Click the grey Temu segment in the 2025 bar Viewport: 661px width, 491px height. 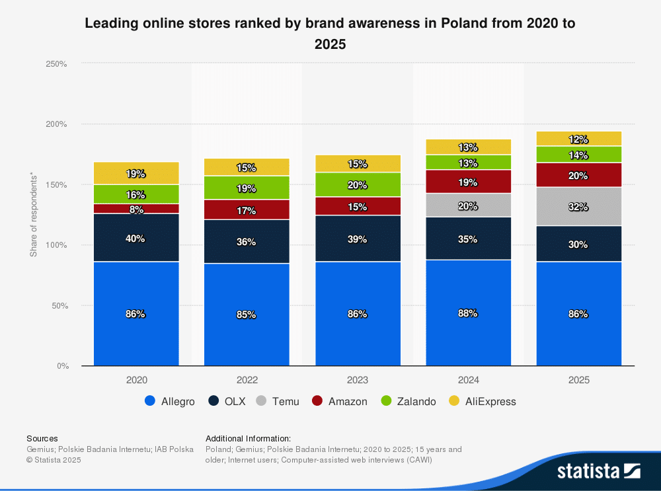tap(578, 207)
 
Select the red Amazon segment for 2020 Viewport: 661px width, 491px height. tap(136, 209)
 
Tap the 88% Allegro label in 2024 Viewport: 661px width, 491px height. tap(468, 313)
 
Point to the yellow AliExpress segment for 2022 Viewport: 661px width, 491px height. tap(247, 167)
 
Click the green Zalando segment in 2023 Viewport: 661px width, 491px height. tap(358, 185)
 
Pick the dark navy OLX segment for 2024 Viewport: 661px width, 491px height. tap(468, 239)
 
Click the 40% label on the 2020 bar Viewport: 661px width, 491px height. tap(136, 238)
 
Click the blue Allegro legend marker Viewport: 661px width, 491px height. tap(149, 401)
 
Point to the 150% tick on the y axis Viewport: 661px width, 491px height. tap(56, 185)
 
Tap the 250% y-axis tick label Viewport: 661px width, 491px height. tap(56, 64)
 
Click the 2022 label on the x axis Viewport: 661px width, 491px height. tap(247, 381)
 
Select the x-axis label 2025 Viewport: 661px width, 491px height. tap(578, 381)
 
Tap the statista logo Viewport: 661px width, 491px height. tap(598, 471)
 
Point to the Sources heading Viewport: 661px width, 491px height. tap(42, 438)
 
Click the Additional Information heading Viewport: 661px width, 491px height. tap(248, 438)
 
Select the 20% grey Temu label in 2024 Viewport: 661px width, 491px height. tap(468, 206)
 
